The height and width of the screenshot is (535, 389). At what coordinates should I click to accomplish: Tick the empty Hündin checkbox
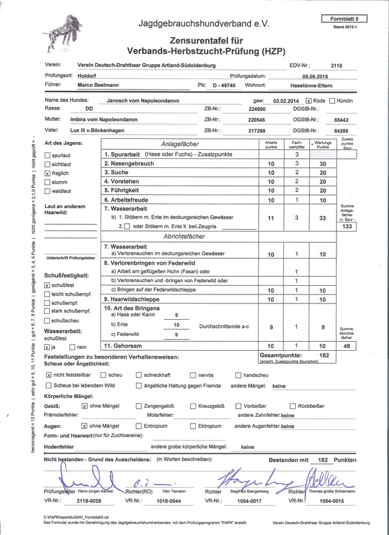click(332, 102)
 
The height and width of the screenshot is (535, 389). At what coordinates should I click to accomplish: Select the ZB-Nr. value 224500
click(239, 110)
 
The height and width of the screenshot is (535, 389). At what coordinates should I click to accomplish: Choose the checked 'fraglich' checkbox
click(47, 174)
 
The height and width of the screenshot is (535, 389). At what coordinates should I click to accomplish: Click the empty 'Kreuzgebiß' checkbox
click(193, 405)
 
